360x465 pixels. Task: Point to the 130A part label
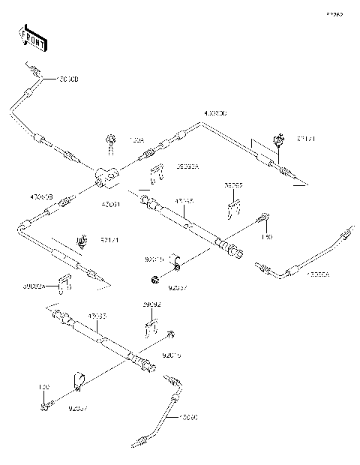pos(136,139)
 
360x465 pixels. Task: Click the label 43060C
pos(215,113)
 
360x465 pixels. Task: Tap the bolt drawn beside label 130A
pos(112,139)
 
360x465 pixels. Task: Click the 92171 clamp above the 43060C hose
pos(279,139)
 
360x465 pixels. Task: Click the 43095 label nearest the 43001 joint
pos(184,201)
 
